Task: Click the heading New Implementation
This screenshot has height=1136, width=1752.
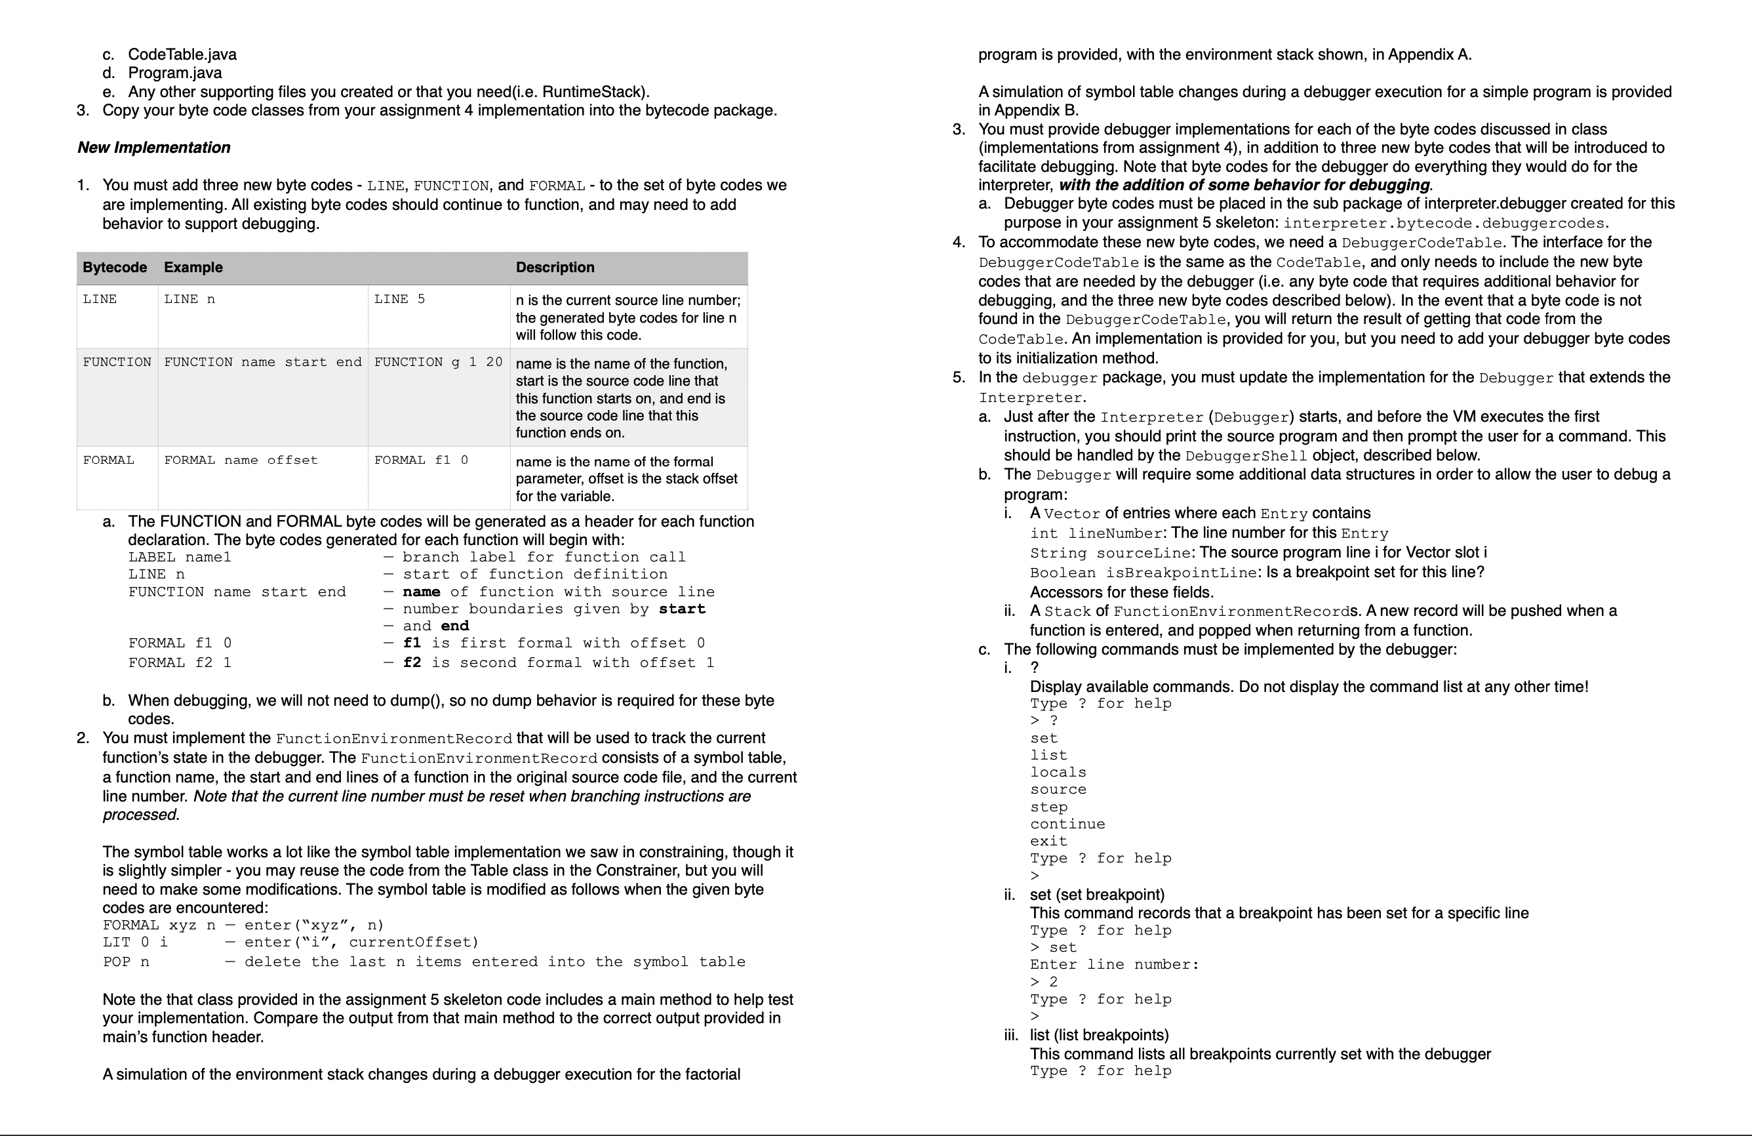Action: pyautogui.click(x=154, y=147)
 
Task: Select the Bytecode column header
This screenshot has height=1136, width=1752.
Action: pyautogui.click(x=114, y=267)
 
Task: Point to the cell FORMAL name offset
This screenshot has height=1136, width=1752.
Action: pyautogui.click(x=241, y=460)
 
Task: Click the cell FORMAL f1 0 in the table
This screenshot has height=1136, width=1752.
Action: pyautogui.click(x=420, y=460)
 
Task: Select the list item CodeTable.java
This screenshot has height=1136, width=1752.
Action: pyautogui.click(x=182, y=54)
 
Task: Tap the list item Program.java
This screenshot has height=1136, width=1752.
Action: pyautogui.click(x=174, y=73)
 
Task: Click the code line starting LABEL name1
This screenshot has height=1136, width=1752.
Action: pyautogui.click(x=180, y=558)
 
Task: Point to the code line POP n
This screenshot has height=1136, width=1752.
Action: pyautogui.click(x=126, y=962)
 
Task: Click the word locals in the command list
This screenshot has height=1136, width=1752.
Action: pyautogui.click(x=1058, y=772)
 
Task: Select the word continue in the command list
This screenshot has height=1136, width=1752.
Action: pyautogui.click(x=1067, y=824)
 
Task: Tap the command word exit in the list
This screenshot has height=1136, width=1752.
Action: pyautogui.click(x=1048, y=841)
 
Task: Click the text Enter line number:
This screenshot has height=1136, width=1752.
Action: pyautogui.click(x=1114, y=964)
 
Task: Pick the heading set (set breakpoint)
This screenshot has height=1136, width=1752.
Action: pyautogui.click(x=1097, y=895)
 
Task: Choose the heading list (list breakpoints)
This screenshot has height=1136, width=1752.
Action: pyautogui.click(x=1099, y=1035)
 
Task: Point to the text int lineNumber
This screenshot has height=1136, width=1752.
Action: pyautogui.click(x=1096, y=533)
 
